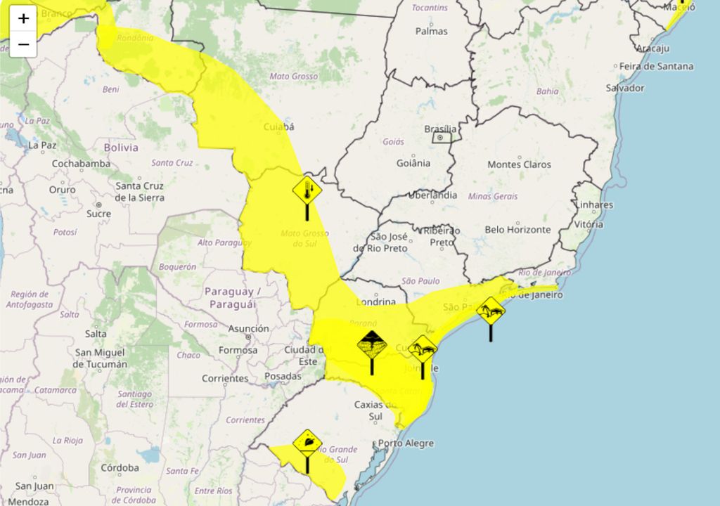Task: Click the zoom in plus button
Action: point(23,18)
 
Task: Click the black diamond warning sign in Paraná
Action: point(371,344)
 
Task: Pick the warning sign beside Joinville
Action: point(423,348)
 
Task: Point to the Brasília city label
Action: point(440,129)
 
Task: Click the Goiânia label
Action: point(413,163)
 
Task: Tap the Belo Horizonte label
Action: point(517,230)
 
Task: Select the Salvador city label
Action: point(625,88)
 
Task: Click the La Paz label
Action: point(41,145)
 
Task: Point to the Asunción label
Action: point(248,328)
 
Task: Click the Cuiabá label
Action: point(278,127)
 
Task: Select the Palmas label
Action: point(431,31)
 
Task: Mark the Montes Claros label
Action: point(519,164)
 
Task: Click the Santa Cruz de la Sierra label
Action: point(139,191)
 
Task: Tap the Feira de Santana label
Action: point(656,67)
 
